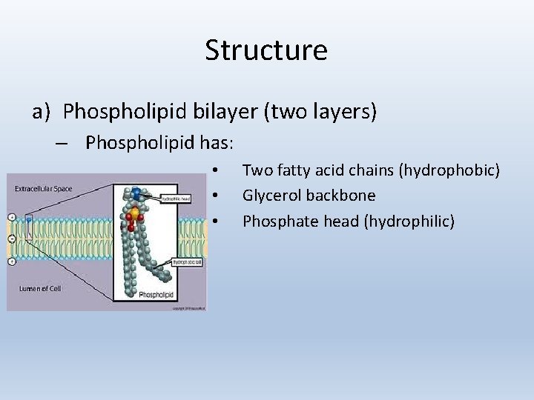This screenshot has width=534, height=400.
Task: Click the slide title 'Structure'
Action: pos(266,50)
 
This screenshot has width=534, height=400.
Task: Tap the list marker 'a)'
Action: pos(41,112)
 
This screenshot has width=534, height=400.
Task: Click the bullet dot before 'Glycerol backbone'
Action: pos(214,196)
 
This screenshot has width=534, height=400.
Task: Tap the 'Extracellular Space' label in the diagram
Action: pos(44,189)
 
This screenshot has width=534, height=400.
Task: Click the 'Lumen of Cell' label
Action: pos(39,288)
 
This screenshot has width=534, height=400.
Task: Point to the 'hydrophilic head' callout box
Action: pos(177,199)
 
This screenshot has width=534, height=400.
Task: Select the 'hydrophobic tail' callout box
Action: pos(187,261)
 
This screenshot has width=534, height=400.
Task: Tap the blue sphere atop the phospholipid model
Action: pos(137,193)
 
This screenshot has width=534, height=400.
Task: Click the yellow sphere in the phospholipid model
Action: pos(134,213)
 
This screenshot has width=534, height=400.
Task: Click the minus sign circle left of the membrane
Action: pos(10,239)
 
